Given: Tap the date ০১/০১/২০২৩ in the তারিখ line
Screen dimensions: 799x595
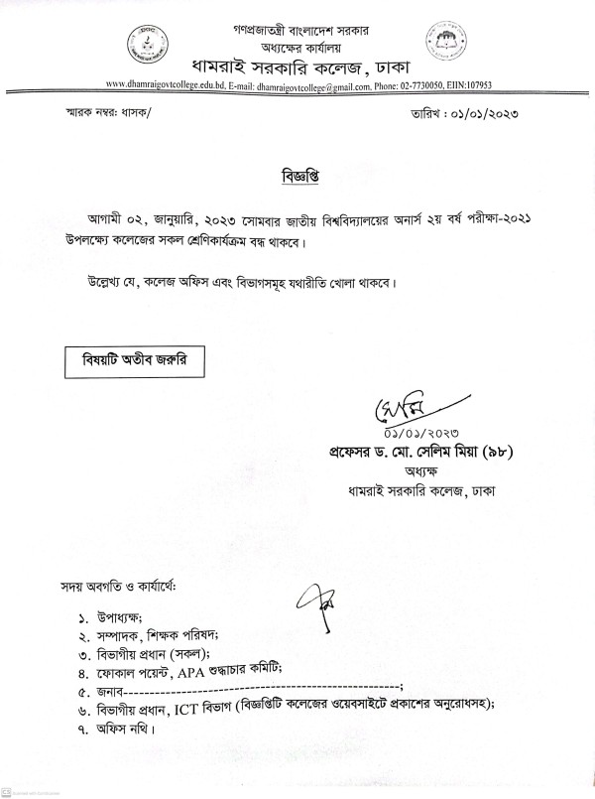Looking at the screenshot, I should (488, 115).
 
